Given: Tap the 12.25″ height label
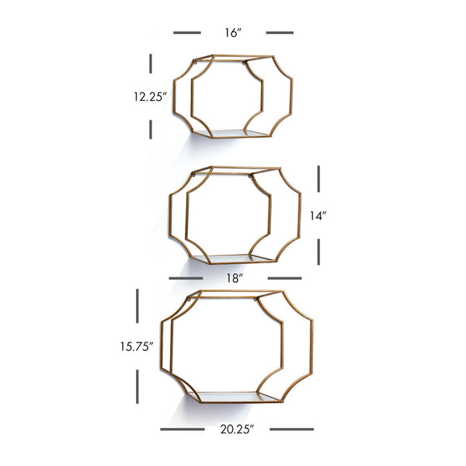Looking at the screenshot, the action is [150, 97].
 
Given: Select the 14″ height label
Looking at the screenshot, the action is [318, 216].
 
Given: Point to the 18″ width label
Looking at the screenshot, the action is [235, 279].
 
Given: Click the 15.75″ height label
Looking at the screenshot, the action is [137, 346].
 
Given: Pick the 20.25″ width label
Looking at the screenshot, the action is [237, 429].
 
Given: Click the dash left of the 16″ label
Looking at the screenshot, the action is [187, 33].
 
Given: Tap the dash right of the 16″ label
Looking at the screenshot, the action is [280, 33].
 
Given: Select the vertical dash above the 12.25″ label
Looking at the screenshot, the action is [151, 64].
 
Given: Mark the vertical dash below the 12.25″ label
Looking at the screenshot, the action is [151, 129].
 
